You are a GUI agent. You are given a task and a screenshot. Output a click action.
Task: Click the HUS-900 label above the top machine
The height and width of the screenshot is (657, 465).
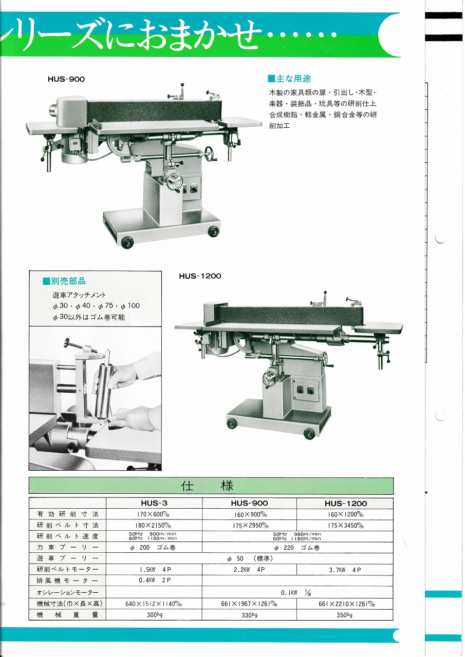click(66, 79)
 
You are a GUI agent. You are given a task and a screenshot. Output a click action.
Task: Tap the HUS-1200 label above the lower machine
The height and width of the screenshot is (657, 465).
click(200, 276)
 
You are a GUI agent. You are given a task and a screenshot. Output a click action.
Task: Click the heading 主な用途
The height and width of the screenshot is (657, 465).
click(289, 79)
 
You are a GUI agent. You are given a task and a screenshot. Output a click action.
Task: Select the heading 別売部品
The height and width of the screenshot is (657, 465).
click(64, 281)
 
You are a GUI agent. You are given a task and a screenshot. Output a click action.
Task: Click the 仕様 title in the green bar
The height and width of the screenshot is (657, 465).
click(207, 486)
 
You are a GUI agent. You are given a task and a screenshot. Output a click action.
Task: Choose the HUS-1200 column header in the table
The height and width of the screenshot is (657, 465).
click(345, 504)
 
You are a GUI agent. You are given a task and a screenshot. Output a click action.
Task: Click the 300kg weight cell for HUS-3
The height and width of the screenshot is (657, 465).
click(155, 615)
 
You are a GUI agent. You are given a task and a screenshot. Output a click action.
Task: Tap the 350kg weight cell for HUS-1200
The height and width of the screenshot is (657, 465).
click(344, 615)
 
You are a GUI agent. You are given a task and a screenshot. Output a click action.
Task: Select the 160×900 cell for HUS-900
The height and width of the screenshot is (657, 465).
click(250, 514)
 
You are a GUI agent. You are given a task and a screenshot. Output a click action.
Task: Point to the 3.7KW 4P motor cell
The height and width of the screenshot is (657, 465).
click(345, 570)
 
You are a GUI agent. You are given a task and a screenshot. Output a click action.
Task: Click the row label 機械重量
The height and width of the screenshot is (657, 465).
click(67, 615)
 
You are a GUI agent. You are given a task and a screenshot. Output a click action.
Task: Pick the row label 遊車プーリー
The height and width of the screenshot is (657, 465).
click(67, 558)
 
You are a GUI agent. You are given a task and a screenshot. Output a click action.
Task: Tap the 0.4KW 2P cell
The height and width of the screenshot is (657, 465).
click(155, 580)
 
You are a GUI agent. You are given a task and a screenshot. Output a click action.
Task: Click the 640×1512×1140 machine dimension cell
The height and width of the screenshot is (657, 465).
click(154, 604)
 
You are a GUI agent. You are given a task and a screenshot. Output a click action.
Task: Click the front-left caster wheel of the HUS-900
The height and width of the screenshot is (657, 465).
click(127, 242)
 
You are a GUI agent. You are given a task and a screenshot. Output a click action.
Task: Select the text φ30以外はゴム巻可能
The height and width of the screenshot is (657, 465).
click(89, 317)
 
